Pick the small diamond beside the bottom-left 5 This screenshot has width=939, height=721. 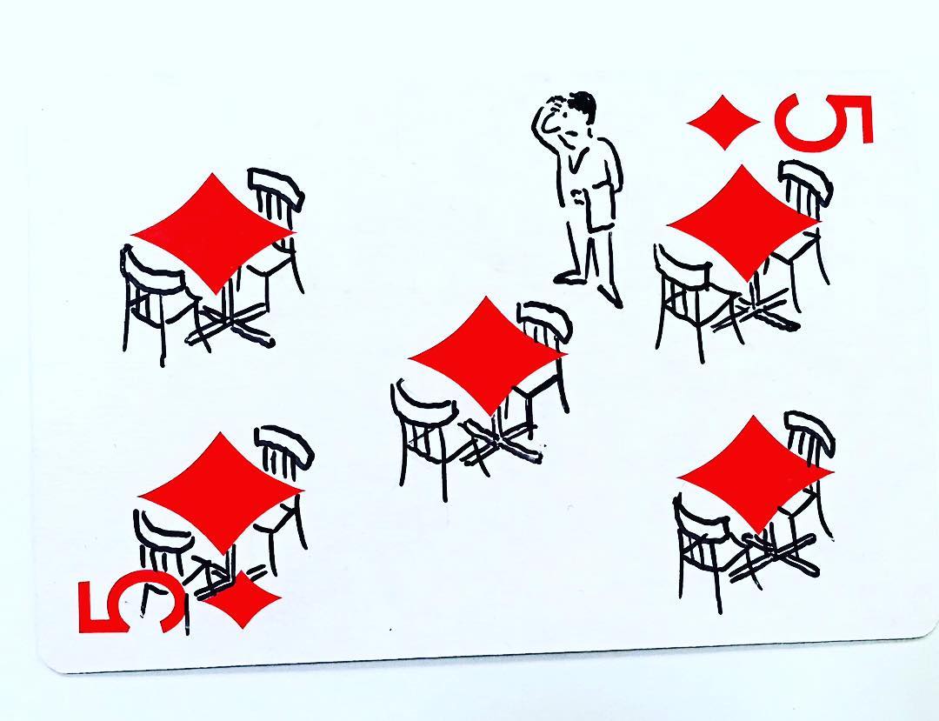[243, 599]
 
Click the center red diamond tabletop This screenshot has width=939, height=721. [488, 356]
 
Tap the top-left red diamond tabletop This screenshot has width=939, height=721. [213, 234]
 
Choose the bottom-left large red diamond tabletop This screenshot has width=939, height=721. [220, 493]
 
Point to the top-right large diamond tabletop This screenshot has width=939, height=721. [743, 224]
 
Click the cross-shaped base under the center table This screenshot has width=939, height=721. [502, 442]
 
